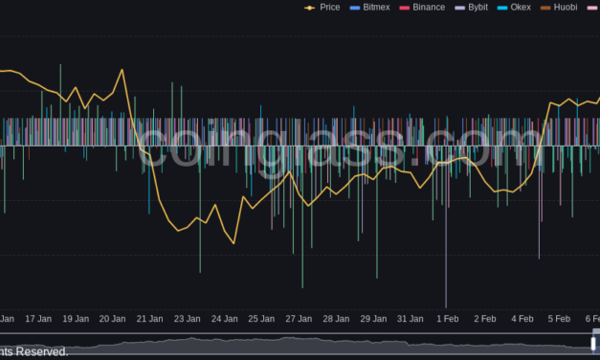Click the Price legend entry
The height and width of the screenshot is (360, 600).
click(322, 7)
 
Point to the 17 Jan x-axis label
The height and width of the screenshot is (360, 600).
click(37, 318)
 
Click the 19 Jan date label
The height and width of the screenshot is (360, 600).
click(75, 318)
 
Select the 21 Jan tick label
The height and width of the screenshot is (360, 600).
click(149, 318)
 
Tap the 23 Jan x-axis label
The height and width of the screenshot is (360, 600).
click(187, 318)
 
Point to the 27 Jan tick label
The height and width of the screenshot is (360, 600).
click(299, 318)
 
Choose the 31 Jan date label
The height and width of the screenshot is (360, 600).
click(411, 318)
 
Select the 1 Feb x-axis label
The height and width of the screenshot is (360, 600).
click(447, 318)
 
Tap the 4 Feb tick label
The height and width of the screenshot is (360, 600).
click(522, 318)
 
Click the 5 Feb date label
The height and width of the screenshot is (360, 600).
click(559, 318)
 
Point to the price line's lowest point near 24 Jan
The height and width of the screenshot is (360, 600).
click(233, 243)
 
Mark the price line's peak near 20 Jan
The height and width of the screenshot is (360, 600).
click(123, 70)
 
